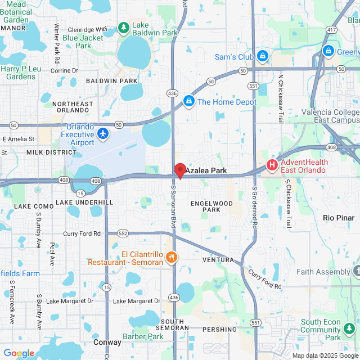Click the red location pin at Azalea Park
tap(180, 170)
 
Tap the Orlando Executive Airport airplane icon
tap(103, 133)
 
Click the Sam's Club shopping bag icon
tap(262, 56)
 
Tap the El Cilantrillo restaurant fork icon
tap(172, 258)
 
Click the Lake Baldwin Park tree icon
tap(124, 27)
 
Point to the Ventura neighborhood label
tap(218, 260)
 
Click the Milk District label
tap(51, 152)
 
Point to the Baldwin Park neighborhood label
tap(112, 81)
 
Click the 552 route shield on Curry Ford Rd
tap(124, 233)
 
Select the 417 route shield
tap(331, 29)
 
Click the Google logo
tap(19, 353)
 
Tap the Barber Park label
tap(143, 336)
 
